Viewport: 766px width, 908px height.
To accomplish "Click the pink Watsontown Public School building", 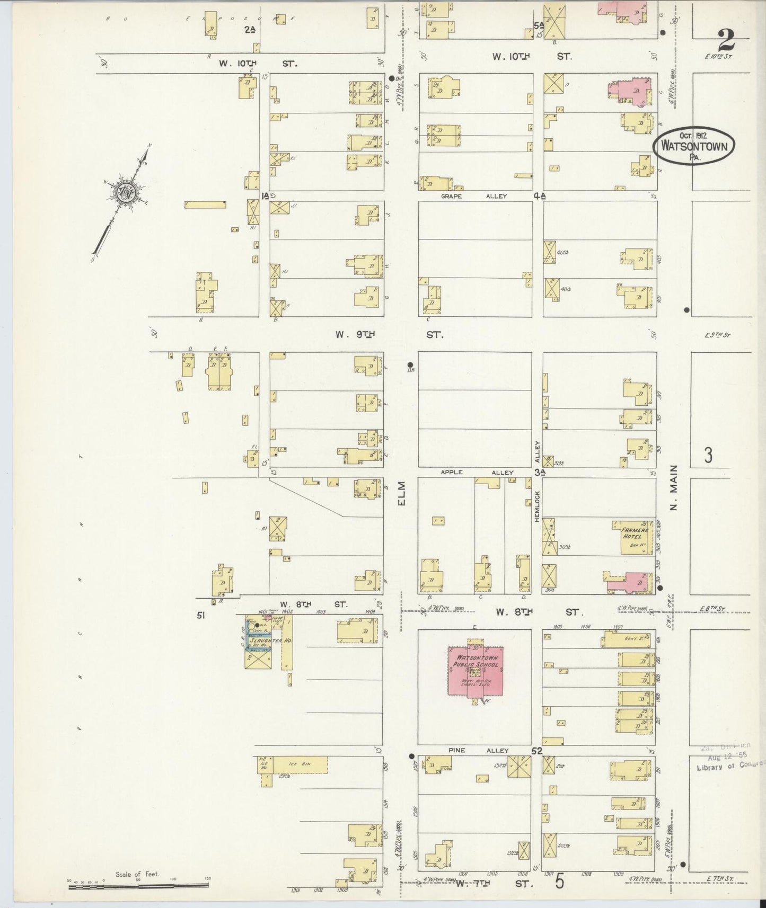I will (x=476, y=671).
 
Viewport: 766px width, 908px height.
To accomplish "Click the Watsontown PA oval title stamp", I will (x=694, y=145).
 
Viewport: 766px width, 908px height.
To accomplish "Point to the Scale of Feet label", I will (x=137, y=875).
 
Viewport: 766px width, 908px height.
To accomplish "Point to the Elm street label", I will (x=401, y=493).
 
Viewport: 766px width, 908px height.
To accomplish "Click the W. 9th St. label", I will (x=389, y=335).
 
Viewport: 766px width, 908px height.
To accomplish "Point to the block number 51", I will (x=201, y=616).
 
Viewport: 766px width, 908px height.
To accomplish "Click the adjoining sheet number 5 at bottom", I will (x=560, y=882).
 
